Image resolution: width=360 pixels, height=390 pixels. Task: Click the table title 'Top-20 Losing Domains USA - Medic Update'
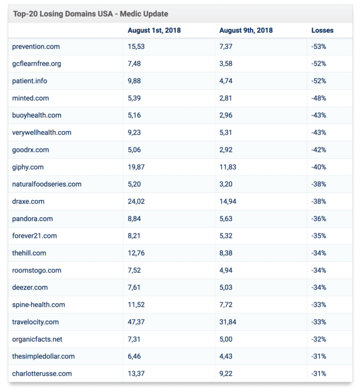pos(90,14)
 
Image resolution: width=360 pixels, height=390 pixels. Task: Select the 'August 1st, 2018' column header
pos(154,30)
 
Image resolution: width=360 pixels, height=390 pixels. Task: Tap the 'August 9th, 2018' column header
pos(246,30)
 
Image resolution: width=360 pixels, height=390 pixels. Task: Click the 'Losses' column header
pos(322,30)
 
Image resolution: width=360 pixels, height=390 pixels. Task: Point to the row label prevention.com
pos(36,46)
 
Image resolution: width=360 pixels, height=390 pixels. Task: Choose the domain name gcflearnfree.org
pos(37,64)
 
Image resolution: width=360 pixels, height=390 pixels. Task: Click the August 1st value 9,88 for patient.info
pos(135,81)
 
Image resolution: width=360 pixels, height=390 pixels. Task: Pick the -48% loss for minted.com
pos(319,98)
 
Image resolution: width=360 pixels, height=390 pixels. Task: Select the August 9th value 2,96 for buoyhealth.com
pos(226,115)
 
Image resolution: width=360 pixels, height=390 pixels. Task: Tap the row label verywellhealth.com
pos(42,133)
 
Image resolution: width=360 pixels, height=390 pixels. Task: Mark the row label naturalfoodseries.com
pos(47,184)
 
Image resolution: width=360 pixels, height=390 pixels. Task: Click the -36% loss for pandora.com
pos(319,218)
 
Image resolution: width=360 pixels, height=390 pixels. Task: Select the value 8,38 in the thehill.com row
pos(226,253)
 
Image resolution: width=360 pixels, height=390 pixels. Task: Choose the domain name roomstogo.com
pos(37,270)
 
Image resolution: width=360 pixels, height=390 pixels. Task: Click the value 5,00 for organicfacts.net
pos(226,339)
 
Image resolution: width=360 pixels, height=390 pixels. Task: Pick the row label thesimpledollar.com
pos(43,356)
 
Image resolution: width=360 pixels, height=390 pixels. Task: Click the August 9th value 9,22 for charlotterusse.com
pos(226,374)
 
